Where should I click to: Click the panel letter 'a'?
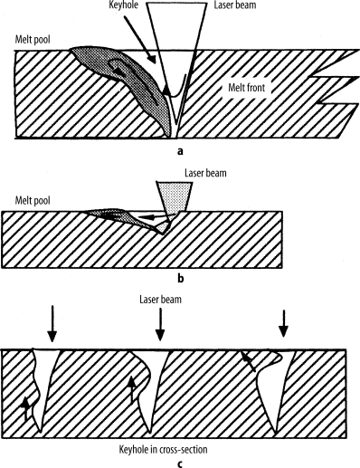(180, 153)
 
